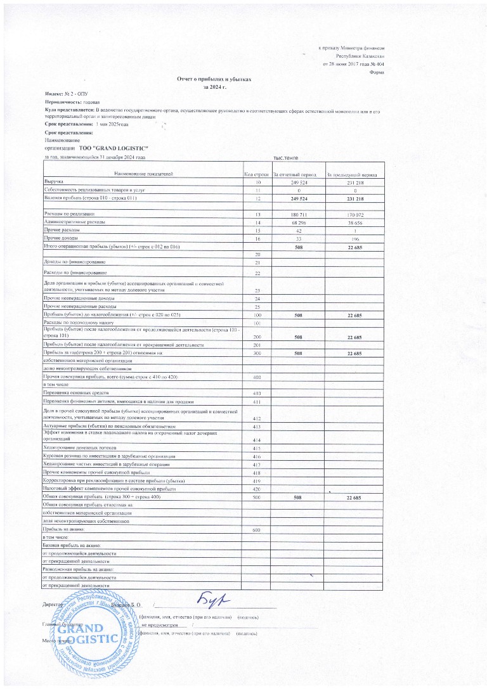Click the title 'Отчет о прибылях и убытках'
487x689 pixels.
[x=214, y=79]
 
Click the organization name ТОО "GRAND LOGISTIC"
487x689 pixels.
[x=112, y=147]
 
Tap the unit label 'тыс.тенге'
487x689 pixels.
[x=285, y=157]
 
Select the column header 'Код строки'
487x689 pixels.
[x=257, y=173]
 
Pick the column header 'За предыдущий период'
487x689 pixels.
[x=353, y=173]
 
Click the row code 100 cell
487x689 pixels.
[x=257, y=314]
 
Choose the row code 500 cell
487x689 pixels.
[x=257, y=498]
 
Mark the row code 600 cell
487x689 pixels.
[x=257, y=529]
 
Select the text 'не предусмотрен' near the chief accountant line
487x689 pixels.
[x=159, y=624]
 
